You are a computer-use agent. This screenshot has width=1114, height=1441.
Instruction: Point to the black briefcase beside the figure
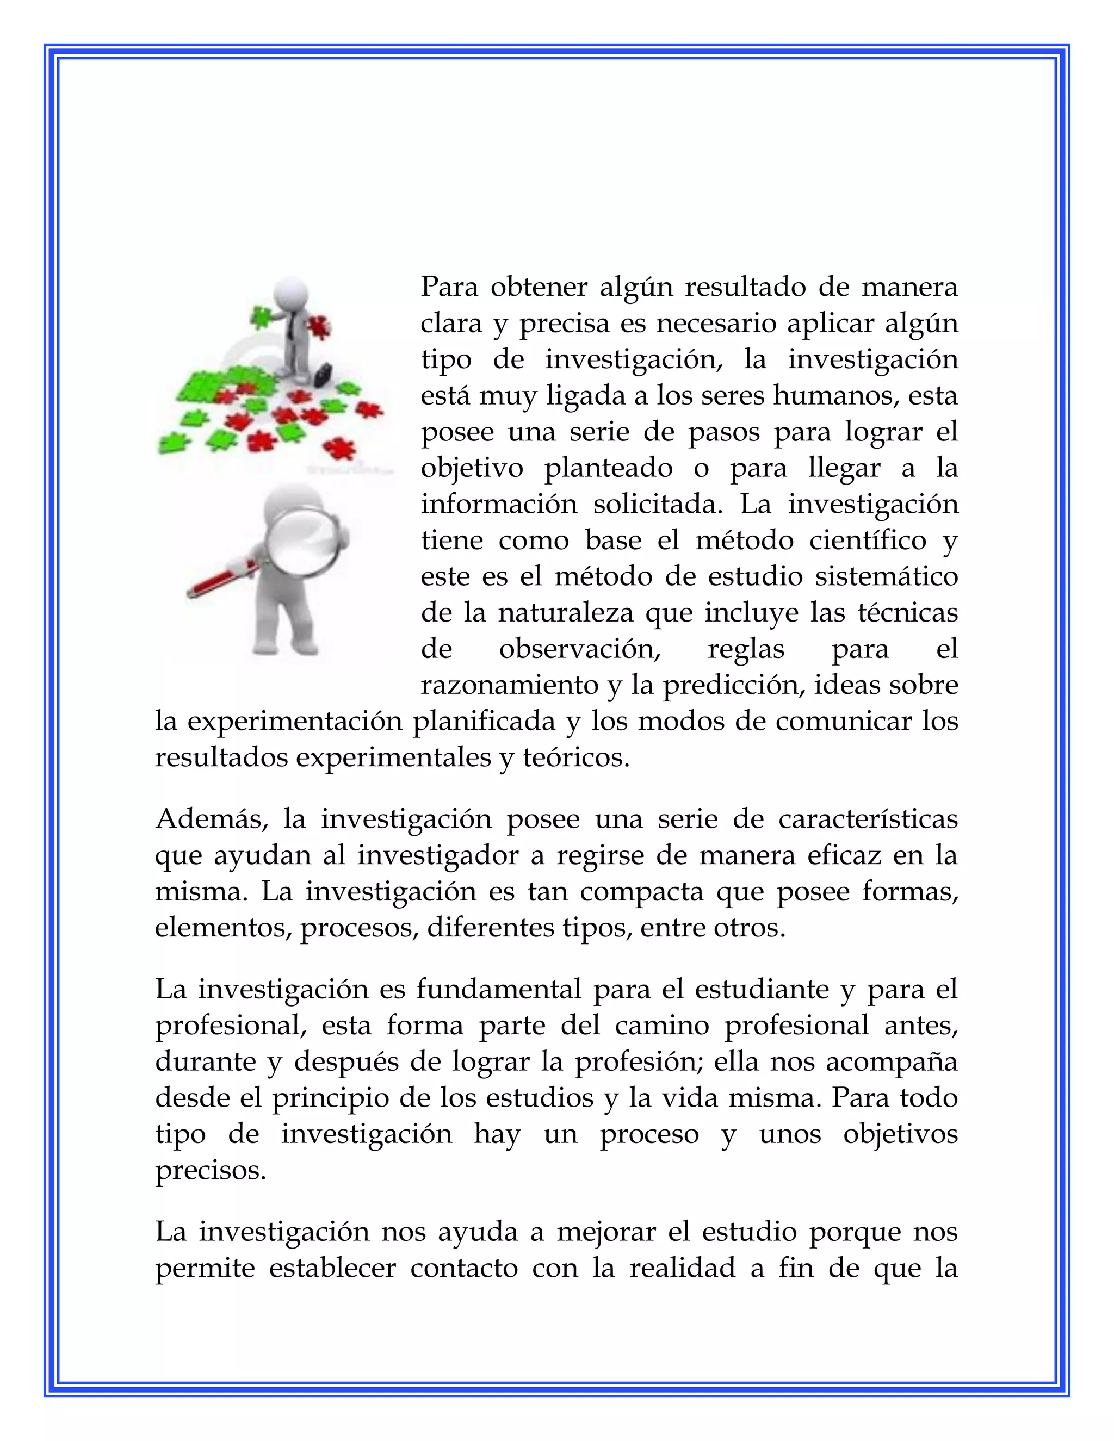pos(323,374)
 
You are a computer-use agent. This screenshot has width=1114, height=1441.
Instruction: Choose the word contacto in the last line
pos(464,1269)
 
